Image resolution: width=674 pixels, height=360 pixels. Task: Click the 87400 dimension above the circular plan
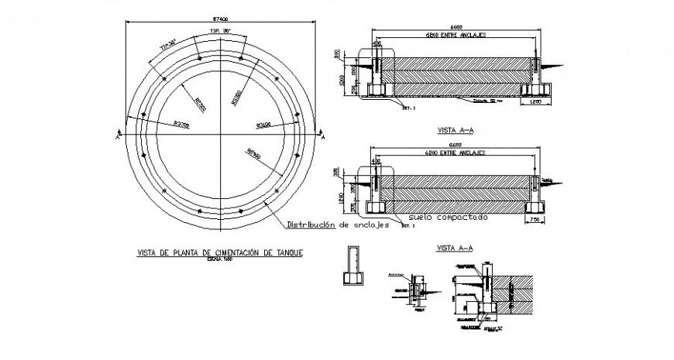click(x=221, y=16)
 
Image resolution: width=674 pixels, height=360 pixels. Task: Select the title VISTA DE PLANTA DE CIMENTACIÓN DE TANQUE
click(x=220, y=252)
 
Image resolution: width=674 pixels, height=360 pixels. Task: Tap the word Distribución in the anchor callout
click(x=311, y=226)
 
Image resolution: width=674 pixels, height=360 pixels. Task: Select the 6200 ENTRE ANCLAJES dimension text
click(x=456, y=153)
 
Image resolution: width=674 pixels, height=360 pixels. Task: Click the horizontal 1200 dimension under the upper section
click(x=535, y=101)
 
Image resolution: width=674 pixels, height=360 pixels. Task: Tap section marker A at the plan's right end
click(x=323, y=136)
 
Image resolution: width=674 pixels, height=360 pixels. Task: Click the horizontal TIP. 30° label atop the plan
click(x=221, y=31)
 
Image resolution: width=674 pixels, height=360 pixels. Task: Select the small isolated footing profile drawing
click(x=351, y=268)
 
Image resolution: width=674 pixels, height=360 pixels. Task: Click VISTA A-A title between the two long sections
click(x=455, y=131)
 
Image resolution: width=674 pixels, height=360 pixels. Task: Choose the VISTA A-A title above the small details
click(x=455, y=248)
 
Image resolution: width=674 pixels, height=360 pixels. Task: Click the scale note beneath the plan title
click(x=220, y=260)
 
